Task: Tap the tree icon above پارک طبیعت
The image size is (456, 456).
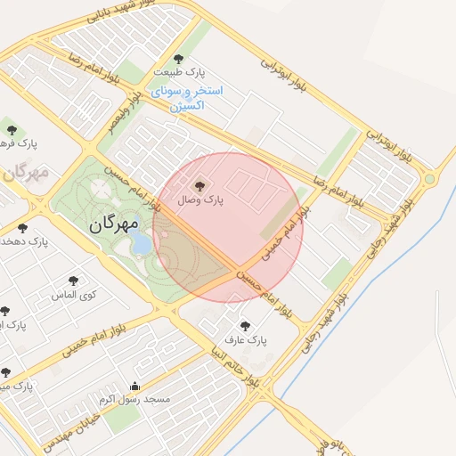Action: pos(178,59)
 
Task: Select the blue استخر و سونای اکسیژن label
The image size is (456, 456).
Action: pos(187,98)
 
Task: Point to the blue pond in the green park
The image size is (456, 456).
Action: pos(142,243)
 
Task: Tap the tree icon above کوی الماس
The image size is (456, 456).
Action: pos(73,281)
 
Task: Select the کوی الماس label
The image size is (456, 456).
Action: pos(73,294)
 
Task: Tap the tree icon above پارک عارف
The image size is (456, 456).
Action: pos(245,326)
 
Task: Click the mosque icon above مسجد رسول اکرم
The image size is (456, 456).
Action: pos(134,387)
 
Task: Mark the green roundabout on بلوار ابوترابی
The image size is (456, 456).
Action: pos(430,179)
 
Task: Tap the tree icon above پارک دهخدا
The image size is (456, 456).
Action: pos(22,228)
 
